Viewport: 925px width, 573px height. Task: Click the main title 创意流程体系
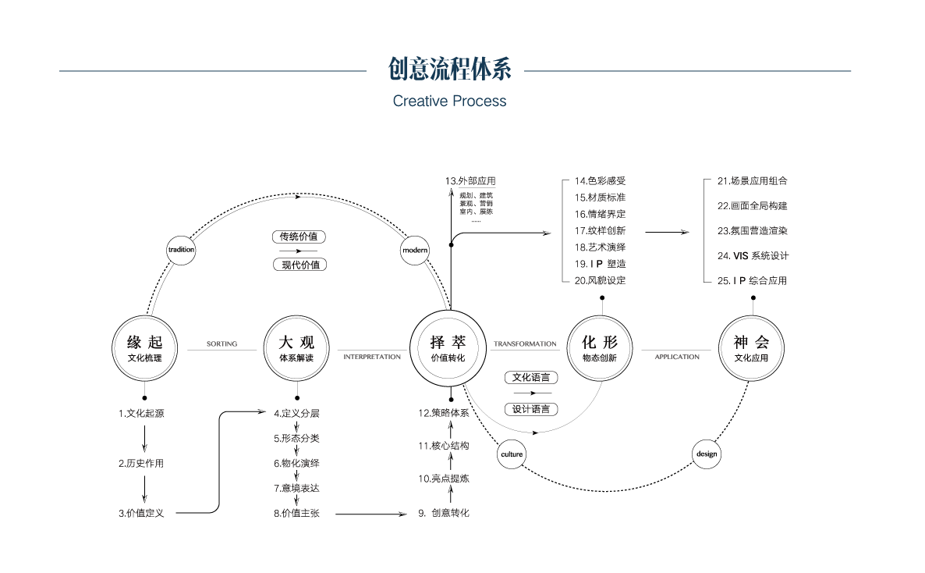point(449,69)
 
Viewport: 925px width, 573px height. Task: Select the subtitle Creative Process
point(449,101)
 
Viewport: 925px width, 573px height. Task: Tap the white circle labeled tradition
point(181,250)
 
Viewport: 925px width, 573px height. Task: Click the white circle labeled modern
point(415,250)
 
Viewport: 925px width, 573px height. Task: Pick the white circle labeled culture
point(512,454)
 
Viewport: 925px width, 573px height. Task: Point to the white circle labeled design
point(707,454)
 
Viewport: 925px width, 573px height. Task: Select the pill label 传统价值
point(299,237)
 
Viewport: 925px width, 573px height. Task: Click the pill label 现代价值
point(300,265)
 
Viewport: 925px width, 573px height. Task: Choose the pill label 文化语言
point(531,378)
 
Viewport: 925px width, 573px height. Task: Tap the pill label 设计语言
point(531,409)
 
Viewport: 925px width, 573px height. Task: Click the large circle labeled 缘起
point(145,348)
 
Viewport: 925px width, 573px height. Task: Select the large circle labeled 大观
point(296,348)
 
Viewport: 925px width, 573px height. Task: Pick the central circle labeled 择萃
point(448,348)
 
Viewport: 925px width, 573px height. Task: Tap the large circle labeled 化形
point(599,348)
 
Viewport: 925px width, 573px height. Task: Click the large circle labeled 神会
point(751,348)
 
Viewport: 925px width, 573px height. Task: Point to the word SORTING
point(222,343)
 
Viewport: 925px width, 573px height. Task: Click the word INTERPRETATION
point(372,357)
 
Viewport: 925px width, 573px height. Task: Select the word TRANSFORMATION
point(525,343)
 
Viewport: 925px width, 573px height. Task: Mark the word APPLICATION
point(677,357)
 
